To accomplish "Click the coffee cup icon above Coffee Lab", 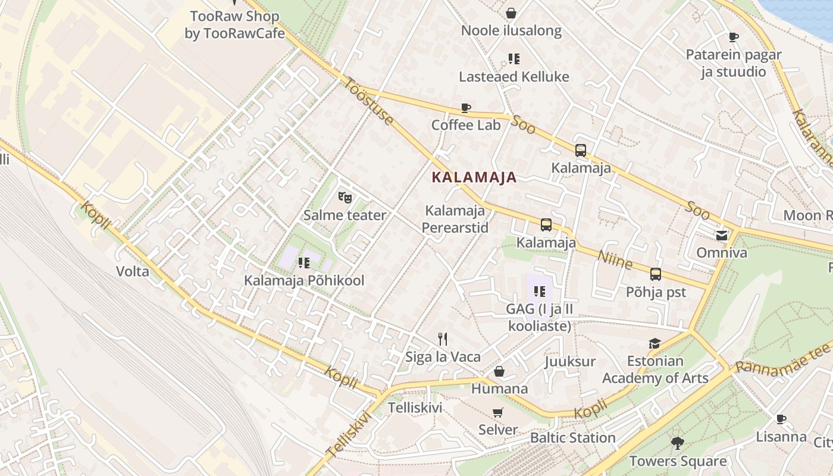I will tap(466, 108).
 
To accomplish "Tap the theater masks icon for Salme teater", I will tap(344, 196).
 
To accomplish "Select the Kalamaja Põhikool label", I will tap(304, 280).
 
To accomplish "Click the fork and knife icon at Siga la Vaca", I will tap(443, 339).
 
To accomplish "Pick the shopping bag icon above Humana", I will tap(499, 371).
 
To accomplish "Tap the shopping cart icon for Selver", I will tap(498, 412).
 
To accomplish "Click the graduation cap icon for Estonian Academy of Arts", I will tap(654, 343).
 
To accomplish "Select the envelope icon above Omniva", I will tap(722, 235).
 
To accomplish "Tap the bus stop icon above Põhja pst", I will tap(656, 274).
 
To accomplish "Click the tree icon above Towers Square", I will tap(677, 443).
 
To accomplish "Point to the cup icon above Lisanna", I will tap(781, 419).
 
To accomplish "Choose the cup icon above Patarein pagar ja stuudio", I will tap(734, 37).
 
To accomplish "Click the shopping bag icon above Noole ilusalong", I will tap(511, 13).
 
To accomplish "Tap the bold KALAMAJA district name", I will tap(474, 177).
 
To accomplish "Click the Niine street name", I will tap(615, 259).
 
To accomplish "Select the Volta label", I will tap(133, 272).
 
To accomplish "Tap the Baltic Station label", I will tap(572, 438).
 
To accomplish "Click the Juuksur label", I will tap(570, 361).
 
